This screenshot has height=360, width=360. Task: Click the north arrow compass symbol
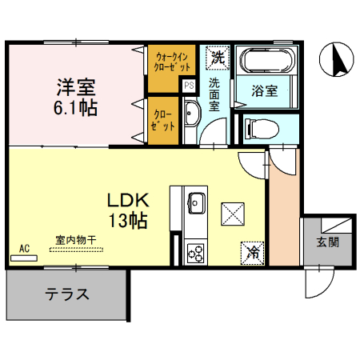(334, 60)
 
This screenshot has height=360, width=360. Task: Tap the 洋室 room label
(76, 86)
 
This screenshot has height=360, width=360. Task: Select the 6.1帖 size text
(77, 106)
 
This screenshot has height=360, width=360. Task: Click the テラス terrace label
(66, 294)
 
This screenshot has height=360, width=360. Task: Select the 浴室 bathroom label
(265, 90)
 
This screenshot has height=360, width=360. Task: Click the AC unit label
(24, 249)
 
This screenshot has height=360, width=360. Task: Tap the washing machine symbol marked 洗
(218, 58)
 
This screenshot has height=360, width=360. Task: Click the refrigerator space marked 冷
(253, 252)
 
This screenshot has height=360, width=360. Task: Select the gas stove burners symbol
(195, 253)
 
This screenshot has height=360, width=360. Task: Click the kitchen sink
(196, 202)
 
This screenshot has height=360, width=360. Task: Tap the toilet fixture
(259, 128)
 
